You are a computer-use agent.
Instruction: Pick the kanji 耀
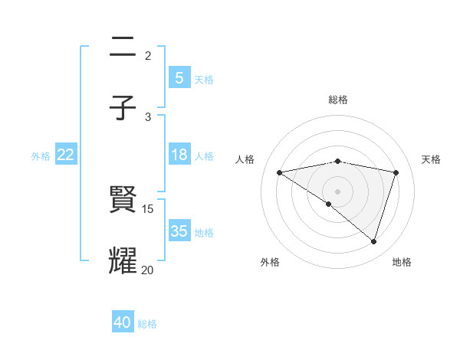tap(123, 260)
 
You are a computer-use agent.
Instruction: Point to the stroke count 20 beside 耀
tap(148, 270)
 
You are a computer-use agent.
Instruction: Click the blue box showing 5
tap(179, 77)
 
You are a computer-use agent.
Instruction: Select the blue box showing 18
tap(179, 155)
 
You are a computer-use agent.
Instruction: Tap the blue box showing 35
tap(179, 231)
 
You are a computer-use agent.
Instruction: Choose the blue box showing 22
tap(66, 155)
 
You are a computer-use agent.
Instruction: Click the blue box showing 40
tap(123, 322)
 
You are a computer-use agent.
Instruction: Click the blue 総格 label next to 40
tap(147, 324)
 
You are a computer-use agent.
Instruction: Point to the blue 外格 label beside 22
tap(41, 156)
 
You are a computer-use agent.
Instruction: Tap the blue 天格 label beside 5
tap(204, 79)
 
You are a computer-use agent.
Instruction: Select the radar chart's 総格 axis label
tap(337, 100)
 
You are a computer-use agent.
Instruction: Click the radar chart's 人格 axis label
tap(245, 159)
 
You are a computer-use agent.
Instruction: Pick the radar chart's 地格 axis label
tap(402, 262)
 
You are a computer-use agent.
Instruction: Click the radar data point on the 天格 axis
tap(396, 172)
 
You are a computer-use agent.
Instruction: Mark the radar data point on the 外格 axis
tap(329, 204)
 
